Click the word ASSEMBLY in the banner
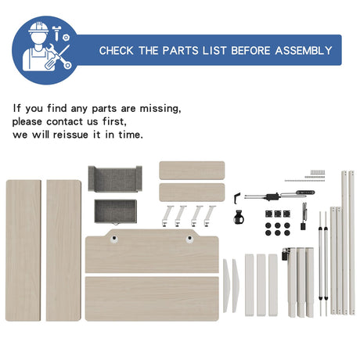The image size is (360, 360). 304,50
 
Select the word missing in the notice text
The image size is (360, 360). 160,108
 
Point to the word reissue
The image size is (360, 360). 70,135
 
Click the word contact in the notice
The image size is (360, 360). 65,121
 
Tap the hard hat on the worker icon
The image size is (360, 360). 38,27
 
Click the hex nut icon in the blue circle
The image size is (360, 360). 66,38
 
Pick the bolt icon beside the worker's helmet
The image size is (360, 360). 56,33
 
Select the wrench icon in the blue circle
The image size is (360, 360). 59,56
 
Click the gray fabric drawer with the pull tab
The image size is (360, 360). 116,211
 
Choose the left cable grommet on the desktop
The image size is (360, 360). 113,239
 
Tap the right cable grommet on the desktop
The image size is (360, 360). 189,239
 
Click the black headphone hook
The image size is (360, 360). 236,198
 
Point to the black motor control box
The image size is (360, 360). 272,196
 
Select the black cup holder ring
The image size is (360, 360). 239,218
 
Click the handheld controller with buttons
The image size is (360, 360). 305,193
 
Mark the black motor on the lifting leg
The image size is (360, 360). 285,254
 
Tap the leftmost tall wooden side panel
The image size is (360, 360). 23,250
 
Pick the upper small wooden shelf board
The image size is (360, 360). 192,171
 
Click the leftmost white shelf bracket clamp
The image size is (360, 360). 167,216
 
